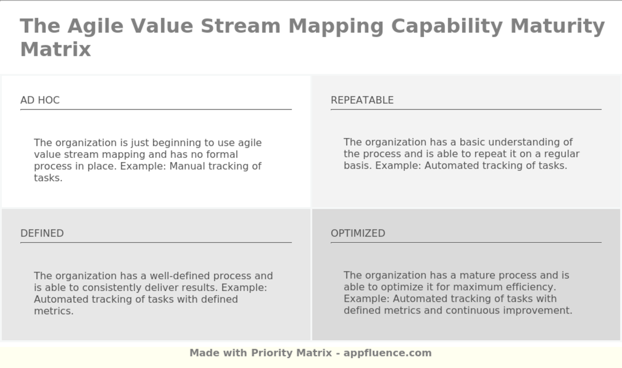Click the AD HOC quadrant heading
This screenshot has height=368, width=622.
tap(40, 100)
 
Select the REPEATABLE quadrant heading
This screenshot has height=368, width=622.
tap(362, 100)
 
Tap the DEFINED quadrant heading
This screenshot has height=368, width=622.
tap(42, 233)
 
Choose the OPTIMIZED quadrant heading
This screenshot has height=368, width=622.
tap(358, 233)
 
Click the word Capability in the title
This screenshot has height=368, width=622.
tap(447, 26)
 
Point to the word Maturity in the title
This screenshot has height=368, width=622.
tap(557, 26)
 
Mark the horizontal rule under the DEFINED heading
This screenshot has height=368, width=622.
tap(156, 243)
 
